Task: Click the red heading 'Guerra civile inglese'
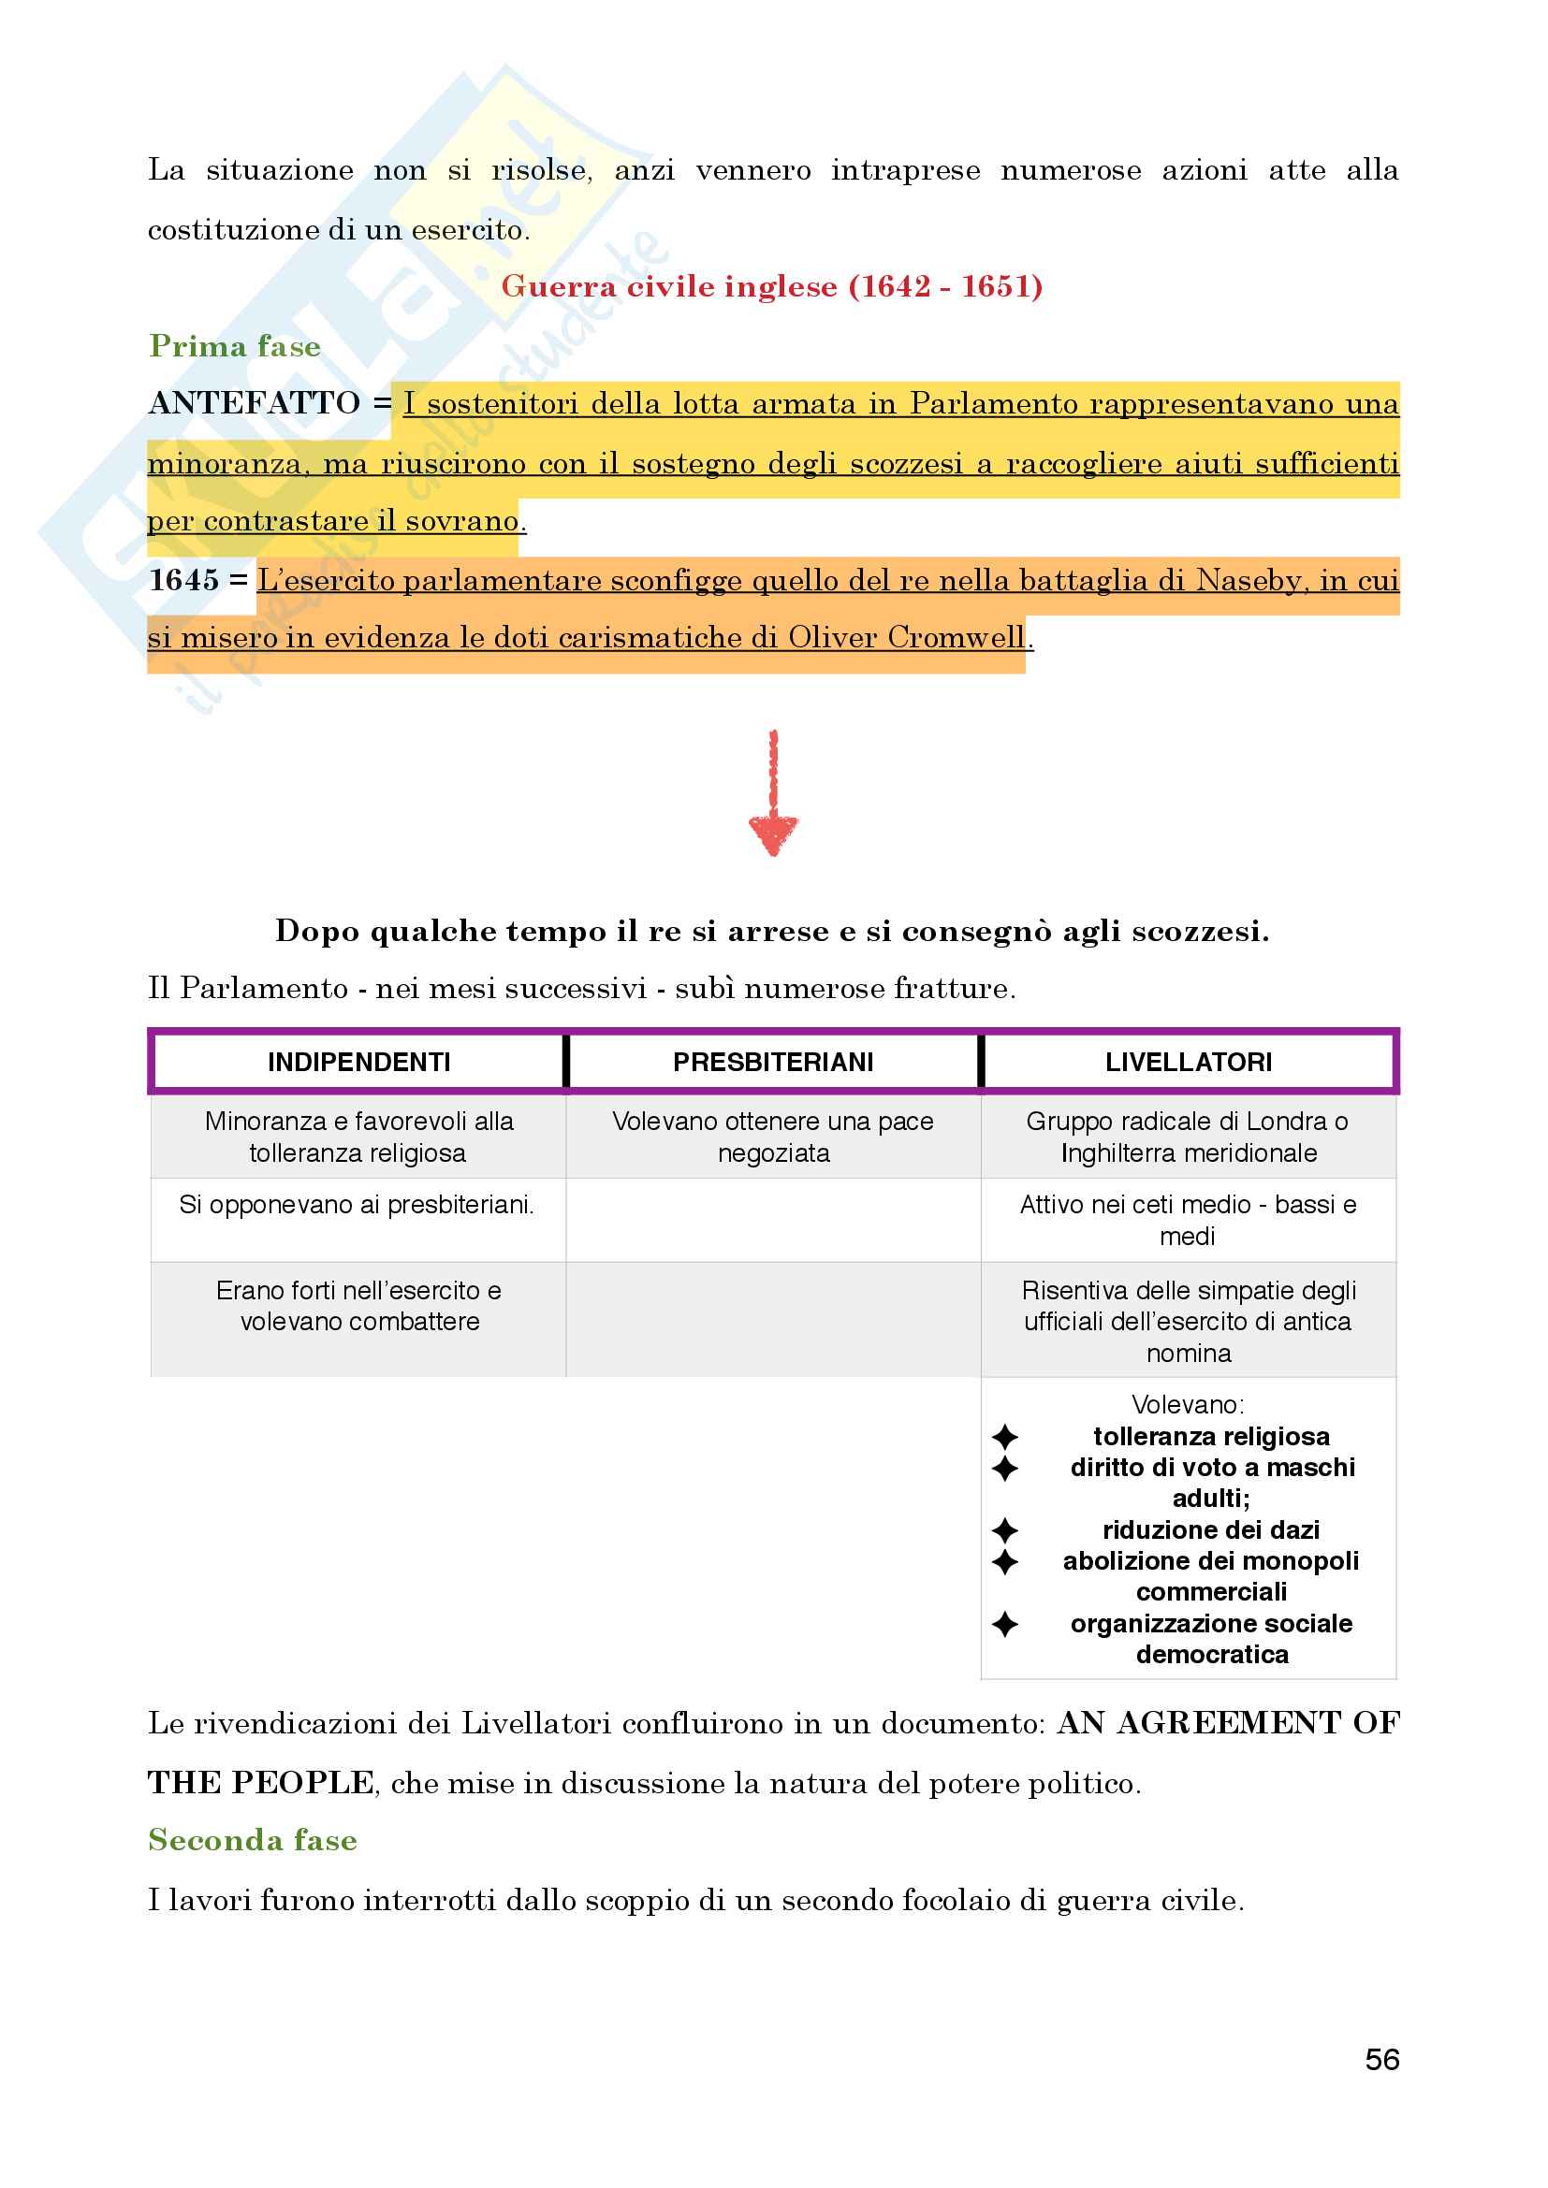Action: pos(771,286)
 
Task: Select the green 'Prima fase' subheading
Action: pos(235,346)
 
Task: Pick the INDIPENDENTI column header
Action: pos(358,1062)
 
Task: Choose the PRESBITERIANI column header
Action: pos(773,1062)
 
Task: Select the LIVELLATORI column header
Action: pos(1188,1062)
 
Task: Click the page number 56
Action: pos(1381,2060)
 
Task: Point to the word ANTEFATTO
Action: pos(255,403)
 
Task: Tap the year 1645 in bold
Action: pos(184,579)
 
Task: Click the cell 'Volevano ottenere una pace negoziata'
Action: pos(773,1137)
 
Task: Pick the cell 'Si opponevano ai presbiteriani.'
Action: pos(357,1206)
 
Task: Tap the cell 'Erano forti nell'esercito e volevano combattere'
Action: pos(358,1306)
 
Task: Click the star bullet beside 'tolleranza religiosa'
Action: pos(1004,1437)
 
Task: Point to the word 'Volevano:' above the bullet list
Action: pos(1188,1405)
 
